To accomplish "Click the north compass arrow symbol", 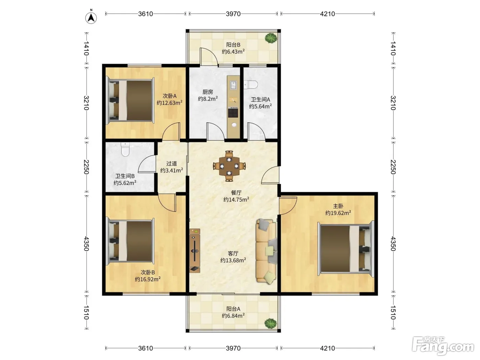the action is point(91,17).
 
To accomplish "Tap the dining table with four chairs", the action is point(229,166).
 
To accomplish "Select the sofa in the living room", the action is point(266,252).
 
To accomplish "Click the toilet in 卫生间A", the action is point(251,85).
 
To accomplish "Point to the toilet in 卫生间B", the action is point(125,149).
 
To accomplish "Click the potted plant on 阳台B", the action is point(271,38).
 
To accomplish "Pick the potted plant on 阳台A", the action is point(271,323).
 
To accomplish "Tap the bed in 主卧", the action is point(346,249).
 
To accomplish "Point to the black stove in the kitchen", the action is point(233,112).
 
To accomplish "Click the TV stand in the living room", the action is point(195,251).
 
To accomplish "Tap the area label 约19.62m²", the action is point(338,213).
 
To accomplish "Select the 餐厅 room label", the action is point(236,193).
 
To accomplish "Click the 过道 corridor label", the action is point(171,163).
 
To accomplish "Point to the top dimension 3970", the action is point(233,14).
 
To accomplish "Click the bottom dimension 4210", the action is point(327,348).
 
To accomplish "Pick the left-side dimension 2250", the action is point(86,167).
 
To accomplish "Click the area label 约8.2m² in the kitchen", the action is point(208,99).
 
